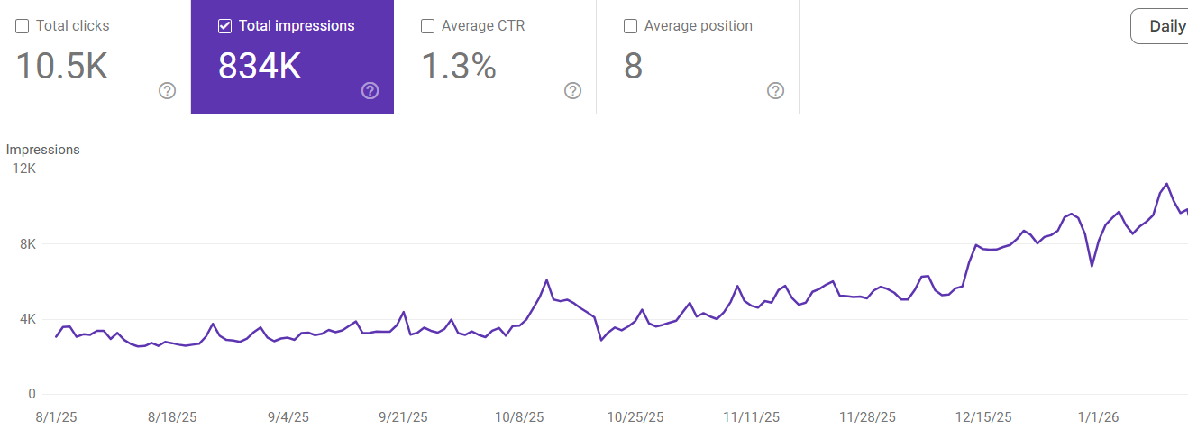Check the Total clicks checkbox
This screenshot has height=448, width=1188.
23,26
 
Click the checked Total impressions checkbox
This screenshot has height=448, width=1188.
225,26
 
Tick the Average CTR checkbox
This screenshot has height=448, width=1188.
428,26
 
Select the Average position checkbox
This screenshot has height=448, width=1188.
631,26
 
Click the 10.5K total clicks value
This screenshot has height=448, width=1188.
62,67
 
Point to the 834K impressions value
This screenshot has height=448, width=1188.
260,67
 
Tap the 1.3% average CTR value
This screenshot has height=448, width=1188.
459,67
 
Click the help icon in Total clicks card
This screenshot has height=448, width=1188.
167,90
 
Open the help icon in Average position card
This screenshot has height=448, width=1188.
775,90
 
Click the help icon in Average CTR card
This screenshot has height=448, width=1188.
572,90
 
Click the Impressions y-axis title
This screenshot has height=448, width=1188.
43,150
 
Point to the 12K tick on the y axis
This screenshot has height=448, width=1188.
24,169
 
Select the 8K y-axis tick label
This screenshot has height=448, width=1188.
27,243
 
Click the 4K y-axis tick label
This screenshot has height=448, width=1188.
27,319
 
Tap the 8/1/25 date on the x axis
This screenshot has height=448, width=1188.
55,417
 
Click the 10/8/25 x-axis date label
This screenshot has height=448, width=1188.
519,417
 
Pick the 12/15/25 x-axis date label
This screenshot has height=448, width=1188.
982,417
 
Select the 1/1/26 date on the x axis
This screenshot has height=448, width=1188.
1098,417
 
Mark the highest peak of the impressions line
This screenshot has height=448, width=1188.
1167,184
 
